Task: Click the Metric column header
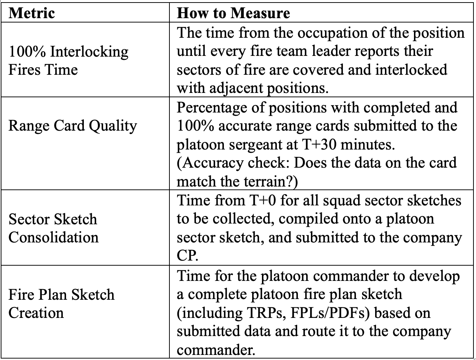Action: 32,13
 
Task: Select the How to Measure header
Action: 233,13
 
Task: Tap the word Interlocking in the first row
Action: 89,52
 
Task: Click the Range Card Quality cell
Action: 73,126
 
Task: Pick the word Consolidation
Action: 53,238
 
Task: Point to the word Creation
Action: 36,313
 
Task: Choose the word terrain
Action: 267,181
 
